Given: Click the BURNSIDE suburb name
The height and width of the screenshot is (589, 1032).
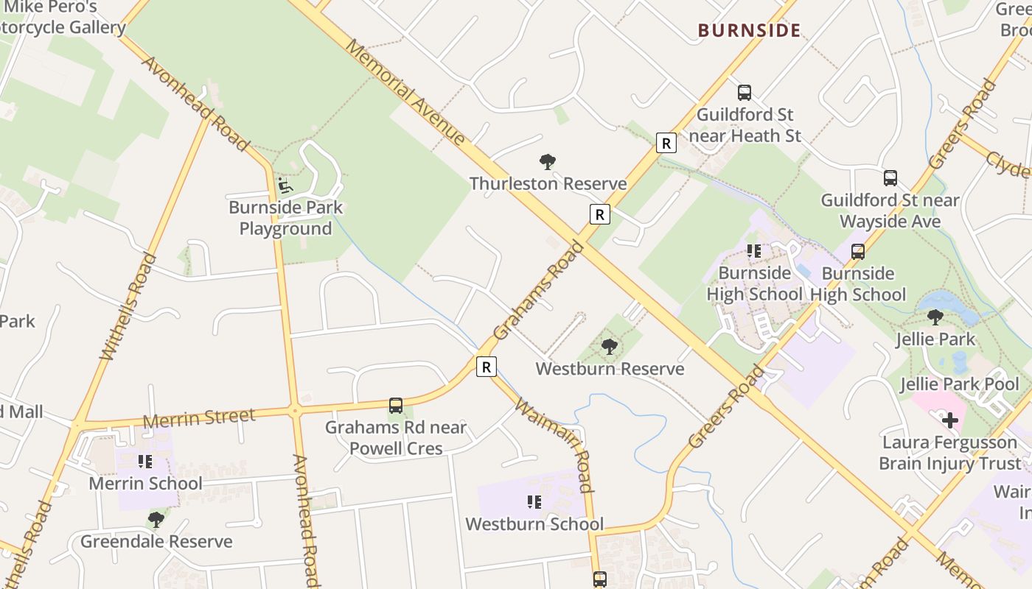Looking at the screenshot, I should click(749, 30).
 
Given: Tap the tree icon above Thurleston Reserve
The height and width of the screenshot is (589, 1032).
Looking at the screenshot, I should click(547, 161).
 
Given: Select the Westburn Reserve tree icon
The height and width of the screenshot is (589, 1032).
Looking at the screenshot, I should click(609, 346).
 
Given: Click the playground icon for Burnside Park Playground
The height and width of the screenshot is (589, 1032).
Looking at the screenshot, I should click(285, 185).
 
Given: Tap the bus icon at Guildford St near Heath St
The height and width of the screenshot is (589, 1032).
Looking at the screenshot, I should click(745, 93).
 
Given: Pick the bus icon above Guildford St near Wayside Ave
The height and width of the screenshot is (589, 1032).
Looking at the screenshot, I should click(890, 177).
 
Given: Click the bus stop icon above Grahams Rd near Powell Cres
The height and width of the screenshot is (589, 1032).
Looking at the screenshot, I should click(396, 405).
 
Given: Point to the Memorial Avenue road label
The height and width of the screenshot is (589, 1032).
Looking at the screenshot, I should click(405, 92).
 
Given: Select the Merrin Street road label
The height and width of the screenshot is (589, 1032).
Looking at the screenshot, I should click(199, 418).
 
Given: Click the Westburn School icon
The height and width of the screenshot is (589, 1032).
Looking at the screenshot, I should click(534, 502).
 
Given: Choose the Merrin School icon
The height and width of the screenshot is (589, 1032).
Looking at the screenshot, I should click(145, 462).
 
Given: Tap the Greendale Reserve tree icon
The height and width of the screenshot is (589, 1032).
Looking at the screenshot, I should click(156, 519).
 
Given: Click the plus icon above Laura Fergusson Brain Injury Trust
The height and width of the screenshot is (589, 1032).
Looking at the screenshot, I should click(950, 420).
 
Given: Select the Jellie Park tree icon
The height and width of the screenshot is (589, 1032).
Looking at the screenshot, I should click(935, 317).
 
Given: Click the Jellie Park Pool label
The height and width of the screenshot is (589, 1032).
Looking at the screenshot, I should click(960, 384).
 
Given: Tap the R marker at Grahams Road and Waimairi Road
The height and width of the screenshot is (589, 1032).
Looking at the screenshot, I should click(486, 366).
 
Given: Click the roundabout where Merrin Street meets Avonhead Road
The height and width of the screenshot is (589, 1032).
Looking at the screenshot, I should click(296, 412).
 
